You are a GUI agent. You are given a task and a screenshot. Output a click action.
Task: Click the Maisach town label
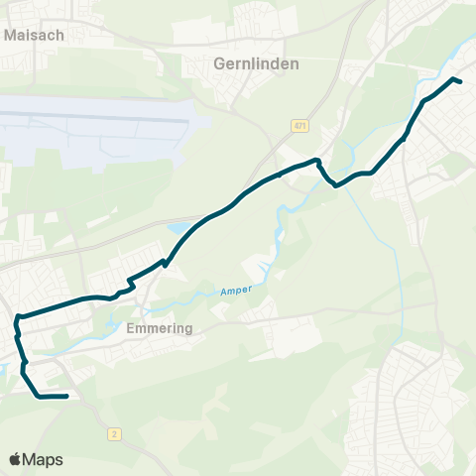tap(35, 34)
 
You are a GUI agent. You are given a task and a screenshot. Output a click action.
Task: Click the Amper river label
tap(236, 291)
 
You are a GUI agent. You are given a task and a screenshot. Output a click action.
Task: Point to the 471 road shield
tap(299, 126)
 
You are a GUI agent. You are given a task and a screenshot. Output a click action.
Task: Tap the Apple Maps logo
tap(36, 459)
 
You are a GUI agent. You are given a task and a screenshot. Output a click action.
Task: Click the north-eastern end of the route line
tap(461, 81)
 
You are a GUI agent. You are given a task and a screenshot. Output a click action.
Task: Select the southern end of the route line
tap(65, 397)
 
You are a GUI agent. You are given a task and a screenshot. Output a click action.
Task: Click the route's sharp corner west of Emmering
tap(18, 318)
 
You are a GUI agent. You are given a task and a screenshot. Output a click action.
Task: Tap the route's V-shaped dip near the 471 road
tap(335, 184)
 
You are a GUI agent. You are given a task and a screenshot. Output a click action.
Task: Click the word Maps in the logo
tap(44, 459)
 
